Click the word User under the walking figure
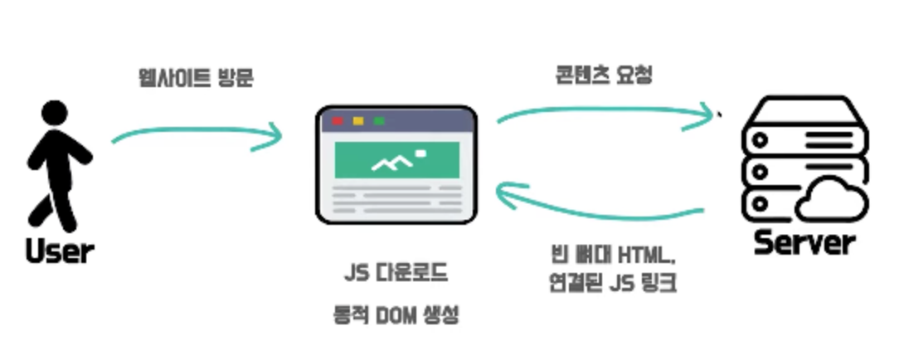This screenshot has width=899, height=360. click(60, 251)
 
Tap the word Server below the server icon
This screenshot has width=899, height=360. click(804, 243)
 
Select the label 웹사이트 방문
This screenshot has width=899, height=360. click(197, 78)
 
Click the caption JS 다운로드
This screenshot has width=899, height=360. click(395, 271)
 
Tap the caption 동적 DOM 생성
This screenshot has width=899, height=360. click(395, 316)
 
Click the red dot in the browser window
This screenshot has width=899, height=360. click(338, 121)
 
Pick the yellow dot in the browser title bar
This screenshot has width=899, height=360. click(358, 121)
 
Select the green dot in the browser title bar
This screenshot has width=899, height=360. click(379, 121)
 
